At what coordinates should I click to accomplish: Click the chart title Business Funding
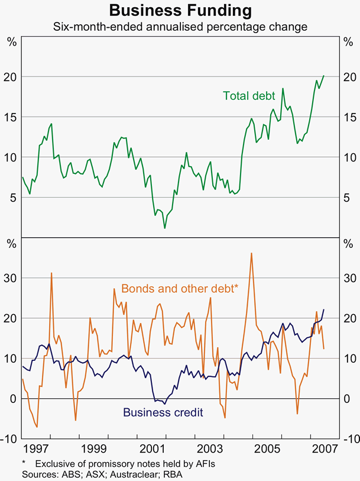pos(180,11)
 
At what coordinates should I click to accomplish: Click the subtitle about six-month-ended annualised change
pos(180,27)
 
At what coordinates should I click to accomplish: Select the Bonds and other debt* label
pos(180,288)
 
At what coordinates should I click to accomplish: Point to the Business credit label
pos(163,412)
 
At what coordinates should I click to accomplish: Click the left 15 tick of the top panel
pos(11,117)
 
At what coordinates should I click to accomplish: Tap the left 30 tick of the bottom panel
pos(11,277)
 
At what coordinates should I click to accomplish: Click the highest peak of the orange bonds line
pos(252,253)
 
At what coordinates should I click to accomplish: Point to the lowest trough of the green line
pos(165,228)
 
